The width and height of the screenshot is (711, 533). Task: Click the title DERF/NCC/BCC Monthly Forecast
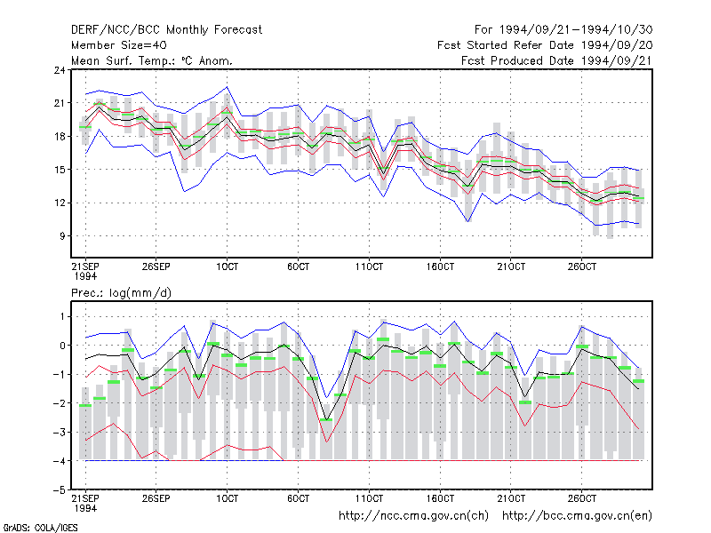(x=166, y=30)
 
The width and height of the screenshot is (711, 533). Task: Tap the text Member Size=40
(x=119, y=45)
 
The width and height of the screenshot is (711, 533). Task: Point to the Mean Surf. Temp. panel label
(x=152, y=60)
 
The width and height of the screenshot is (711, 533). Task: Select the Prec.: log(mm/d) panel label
(x=121, y=293)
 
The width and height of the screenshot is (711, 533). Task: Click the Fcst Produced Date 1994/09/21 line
(x=557, y=60)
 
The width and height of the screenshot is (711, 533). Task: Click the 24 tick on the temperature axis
(x=60, y=70)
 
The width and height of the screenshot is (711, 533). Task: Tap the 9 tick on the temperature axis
(x=62, y=235)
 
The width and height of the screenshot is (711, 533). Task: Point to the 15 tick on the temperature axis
(x=60, y=170)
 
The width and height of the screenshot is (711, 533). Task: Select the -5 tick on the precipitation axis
(x=60, y=490)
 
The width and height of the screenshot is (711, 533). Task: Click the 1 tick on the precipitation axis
(x=62, y=316)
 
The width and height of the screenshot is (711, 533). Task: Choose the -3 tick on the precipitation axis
(x=60, y=432)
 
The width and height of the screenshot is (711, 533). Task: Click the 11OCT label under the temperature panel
(x=369, y=266)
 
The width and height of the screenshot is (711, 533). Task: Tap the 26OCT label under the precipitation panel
(x=582, y=498)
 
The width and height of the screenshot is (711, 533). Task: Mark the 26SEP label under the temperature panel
(x=156, y=266)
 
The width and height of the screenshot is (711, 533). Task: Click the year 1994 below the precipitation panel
(x=85, y=508)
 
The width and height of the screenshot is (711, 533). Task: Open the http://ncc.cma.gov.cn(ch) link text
(x=413, y=516)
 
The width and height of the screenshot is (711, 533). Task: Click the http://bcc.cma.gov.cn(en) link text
(x=577, y=516)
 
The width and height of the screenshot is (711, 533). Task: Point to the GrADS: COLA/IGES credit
(x=40, y=528)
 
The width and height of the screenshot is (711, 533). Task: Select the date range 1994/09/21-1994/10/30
(x=576, y=30)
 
